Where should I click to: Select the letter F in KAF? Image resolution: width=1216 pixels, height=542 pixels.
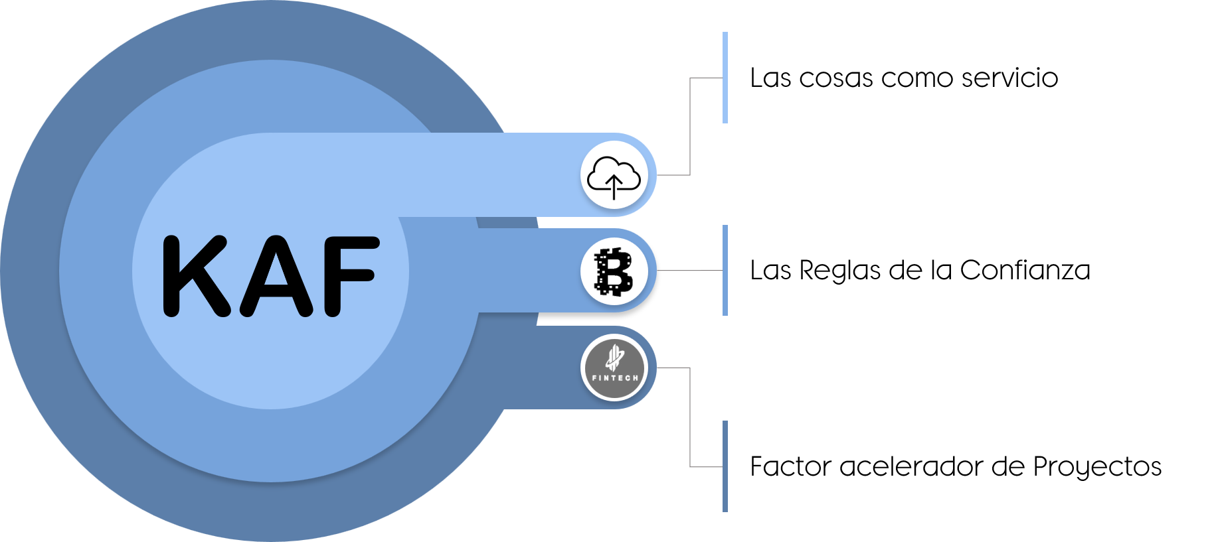(347, 275)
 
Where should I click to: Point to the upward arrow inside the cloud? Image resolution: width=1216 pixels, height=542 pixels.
(614, 186)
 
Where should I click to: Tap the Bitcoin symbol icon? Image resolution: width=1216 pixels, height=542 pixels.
(614, 271)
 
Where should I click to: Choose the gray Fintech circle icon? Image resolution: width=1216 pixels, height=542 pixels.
(614, 368)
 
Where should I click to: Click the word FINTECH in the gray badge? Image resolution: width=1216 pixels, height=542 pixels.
(614, 378)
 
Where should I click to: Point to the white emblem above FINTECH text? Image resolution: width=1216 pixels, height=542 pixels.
(615, 359)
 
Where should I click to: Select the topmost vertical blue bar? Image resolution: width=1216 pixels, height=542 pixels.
(725, 77)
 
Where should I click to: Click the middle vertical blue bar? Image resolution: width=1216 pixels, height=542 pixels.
(725, 270)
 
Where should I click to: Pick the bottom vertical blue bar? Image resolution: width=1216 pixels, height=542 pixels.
(725, 466)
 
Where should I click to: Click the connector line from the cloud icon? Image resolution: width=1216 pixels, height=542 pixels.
(690, 126)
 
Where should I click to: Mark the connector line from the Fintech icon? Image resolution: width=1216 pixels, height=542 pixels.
(690, 418)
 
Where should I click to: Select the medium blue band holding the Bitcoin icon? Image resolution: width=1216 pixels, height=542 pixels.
(525, 271)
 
